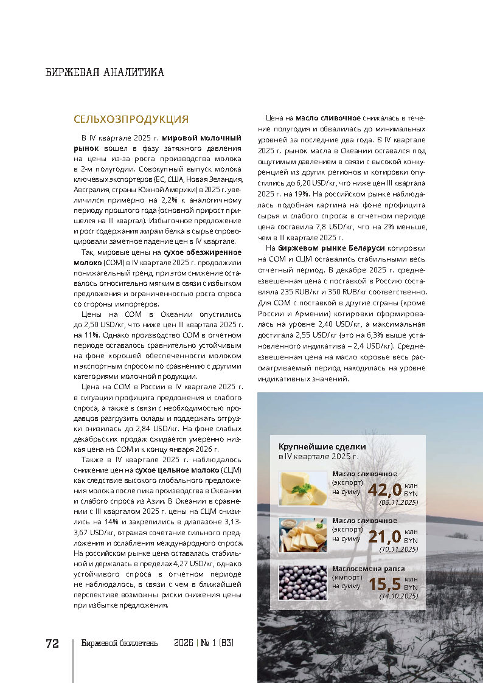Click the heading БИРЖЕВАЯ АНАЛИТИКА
point(105,72)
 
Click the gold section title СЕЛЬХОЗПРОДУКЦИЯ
point(131,119)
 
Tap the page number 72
point(52,643)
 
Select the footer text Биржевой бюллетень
point(120,643)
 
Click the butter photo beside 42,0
point(303,488)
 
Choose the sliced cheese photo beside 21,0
point(303,535)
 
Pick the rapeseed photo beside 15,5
point(303,582)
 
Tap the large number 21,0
point(384,537)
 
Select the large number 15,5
point(384,584)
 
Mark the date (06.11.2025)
point(398,502)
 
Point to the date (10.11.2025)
point(398,549)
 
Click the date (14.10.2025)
point(398,596)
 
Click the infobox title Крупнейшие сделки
point(313,446)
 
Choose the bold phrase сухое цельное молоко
point(169,470)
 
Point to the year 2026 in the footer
point(183,643)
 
